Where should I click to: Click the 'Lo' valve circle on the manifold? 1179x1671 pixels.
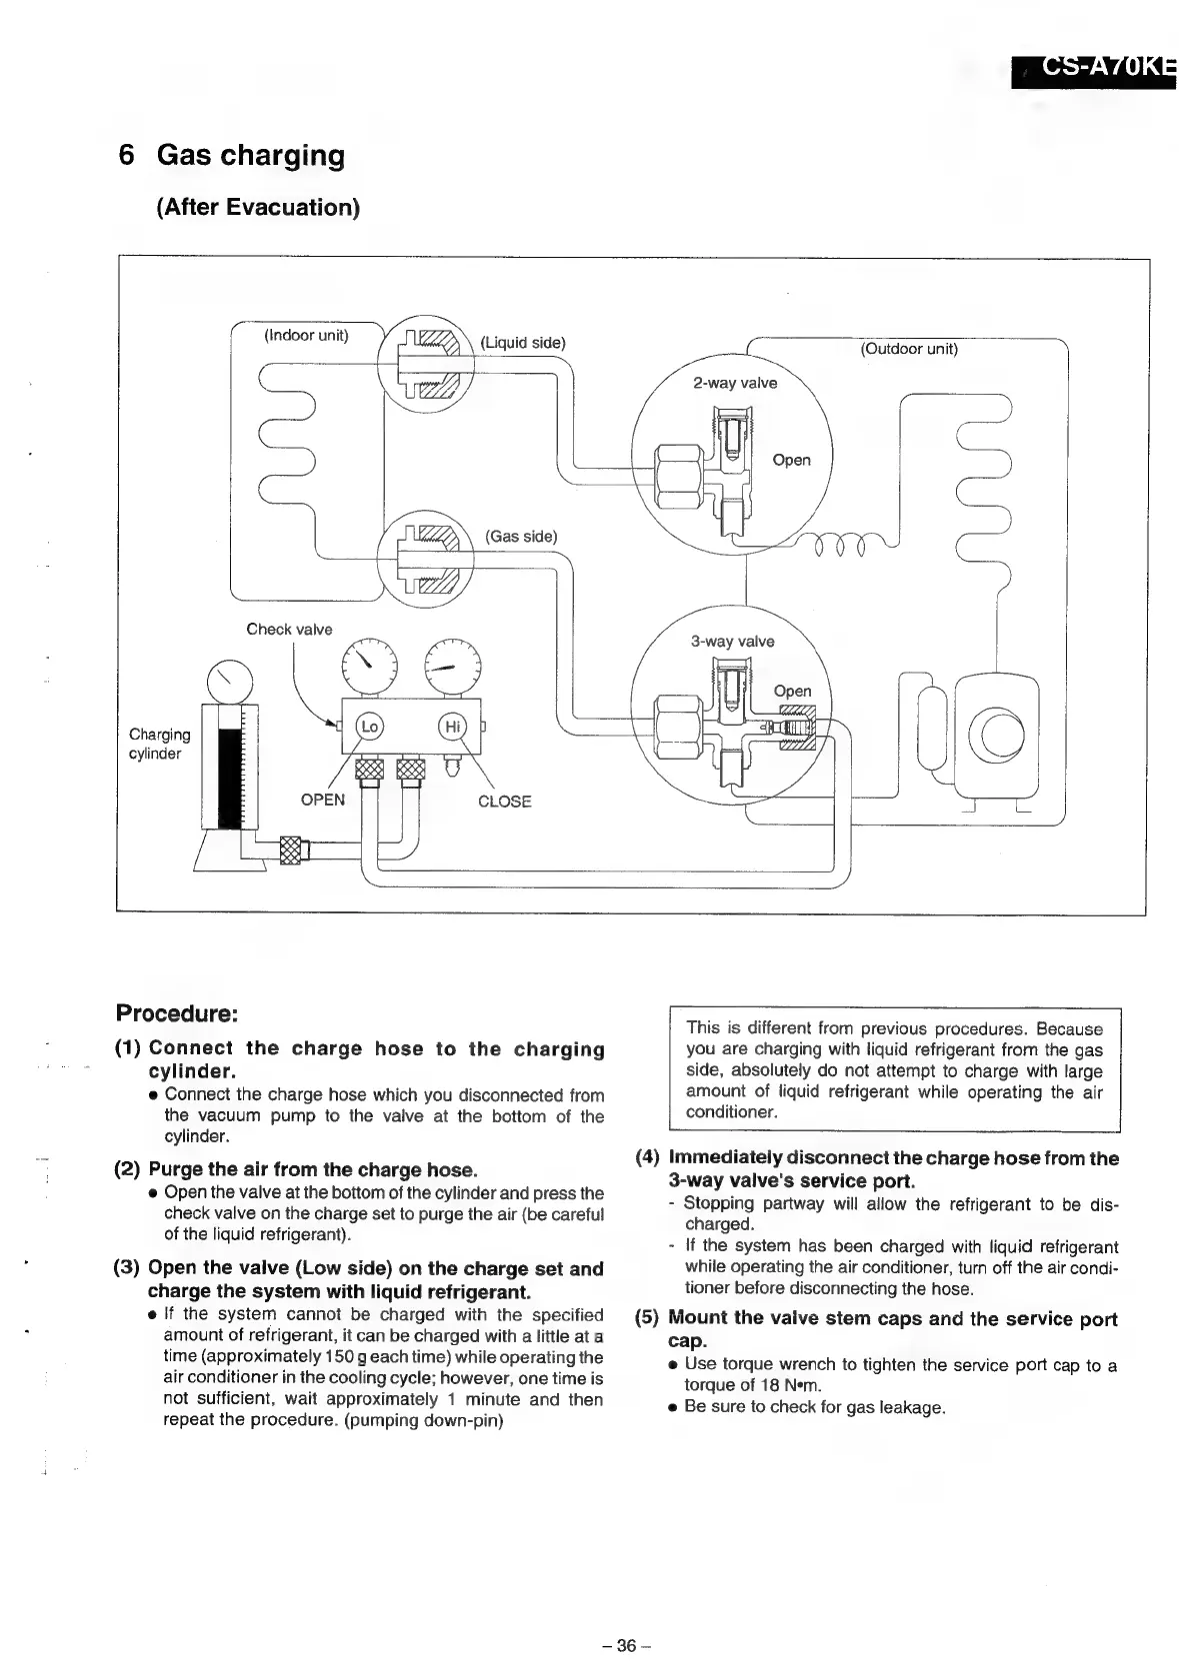(x=370, y=727)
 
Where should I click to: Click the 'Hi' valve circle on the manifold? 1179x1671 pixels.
(x=453, y=727)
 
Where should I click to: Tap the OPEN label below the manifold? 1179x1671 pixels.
(x=322, y=800)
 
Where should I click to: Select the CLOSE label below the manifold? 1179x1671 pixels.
(x=504, y=802)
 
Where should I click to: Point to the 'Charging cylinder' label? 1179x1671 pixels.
(x=159, y=744)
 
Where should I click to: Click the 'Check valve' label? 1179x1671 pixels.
(x=289, y=629)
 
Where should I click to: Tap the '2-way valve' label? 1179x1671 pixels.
(x=735, y=383)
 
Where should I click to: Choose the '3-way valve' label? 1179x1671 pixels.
(x=733, y=642)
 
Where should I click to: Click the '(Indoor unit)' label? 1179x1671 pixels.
(x=306, y=335)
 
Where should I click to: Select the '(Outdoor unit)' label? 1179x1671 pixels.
(x=909, y=349)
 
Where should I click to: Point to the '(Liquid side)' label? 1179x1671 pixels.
(x=523, y=343)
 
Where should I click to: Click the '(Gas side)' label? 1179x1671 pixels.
(x=521, y=536)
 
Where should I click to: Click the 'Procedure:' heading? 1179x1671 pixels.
(x=177, y=1013)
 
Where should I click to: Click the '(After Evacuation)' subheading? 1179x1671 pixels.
(x=258, y=208)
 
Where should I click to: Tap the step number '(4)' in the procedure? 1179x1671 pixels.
(x=648, y=1158)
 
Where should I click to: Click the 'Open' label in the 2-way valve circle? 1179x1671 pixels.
(x=791, y=460)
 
